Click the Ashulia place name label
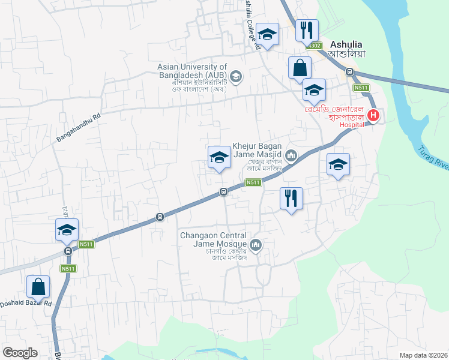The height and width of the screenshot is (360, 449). [x=348, y=45]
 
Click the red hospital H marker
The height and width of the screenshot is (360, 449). [x=373, y=116]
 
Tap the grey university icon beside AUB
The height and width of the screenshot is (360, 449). [x=236, y=76]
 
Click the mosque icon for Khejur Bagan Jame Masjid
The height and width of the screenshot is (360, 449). [x=292, y=157]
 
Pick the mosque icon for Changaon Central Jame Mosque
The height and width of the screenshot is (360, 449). [x=256, y=244]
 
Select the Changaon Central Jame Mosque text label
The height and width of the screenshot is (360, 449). [x=214, y=240]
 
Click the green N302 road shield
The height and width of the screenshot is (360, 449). [x=313, y=46]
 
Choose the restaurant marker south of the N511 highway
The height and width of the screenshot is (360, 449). [x=291, y=197]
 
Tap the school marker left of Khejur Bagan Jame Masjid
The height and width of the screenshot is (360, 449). [x=219, y=157]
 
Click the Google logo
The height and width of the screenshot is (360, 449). [x=20, y=353]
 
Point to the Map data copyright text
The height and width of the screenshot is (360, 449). [x=423, y=355]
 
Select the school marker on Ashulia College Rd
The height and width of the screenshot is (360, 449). [x=267, y=34]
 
